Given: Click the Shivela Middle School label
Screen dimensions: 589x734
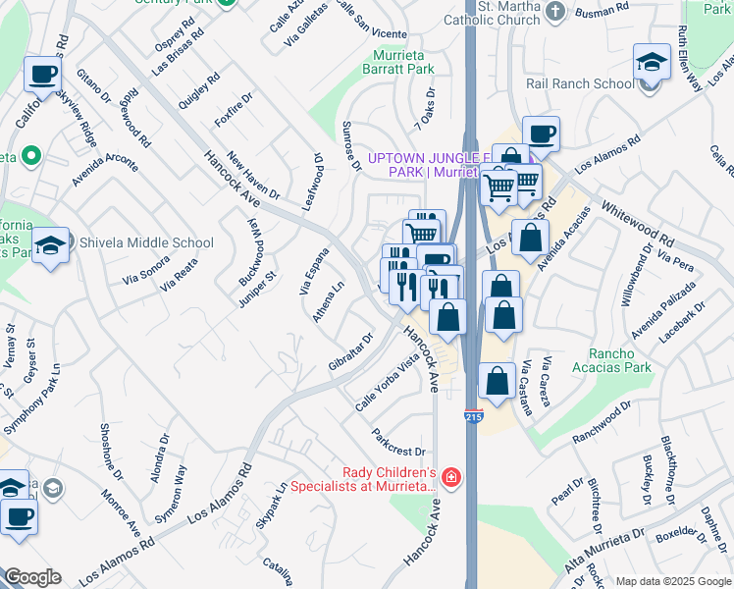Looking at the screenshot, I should (145, 243).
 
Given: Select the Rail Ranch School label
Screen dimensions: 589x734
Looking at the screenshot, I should (580, 83).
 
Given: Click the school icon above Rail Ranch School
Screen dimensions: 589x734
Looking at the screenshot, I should (651, 63).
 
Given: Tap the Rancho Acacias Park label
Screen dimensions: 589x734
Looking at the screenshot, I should (619, 360).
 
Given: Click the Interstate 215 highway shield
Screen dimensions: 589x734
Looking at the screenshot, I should (473, 417).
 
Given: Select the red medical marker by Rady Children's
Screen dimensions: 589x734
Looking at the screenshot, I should (450, 478).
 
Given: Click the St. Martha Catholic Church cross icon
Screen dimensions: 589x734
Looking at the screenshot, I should (555, 12).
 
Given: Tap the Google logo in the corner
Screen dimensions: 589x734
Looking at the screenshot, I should (31, 577).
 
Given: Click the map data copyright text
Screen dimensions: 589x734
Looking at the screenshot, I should (673, 581).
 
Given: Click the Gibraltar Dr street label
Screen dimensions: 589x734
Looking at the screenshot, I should (351, 353).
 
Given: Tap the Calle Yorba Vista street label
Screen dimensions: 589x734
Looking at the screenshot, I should (388, 383).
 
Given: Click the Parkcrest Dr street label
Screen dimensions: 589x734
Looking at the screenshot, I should (398, 443).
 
